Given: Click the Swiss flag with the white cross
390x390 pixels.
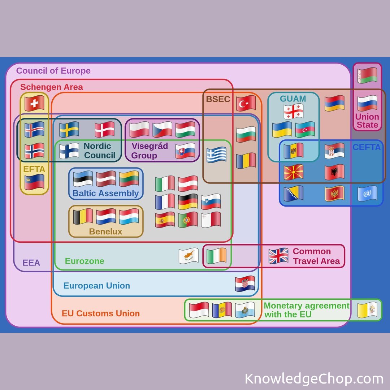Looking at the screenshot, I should pyautogui.click(x=34, y=103).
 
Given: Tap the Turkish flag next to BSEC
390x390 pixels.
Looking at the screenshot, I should pyautogui.click(x=246, y=104).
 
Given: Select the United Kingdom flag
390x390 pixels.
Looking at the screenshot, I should pyautogui.click(x=278, y=256).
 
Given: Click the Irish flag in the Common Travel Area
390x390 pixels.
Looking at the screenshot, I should pyautogui.click(x=216, y=256).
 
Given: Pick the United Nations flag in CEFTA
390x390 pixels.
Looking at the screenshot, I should pyautogui.click(x=367, y=194).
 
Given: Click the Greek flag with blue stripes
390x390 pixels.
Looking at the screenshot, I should pyautogui.click(x=216, y=155).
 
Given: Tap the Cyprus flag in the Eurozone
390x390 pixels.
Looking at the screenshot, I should pyautogui.click(x=188, y=256).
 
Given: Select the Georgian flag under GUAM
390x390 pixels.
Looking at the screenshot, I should pyautogui.click(x=293, y=112).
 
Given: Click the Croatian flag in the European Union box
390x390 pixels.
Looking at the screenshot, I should pyautogui.click(x=245, y=284).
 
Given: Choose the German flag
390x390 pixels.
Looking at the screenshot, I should pyautogui.click(x=188, y=201).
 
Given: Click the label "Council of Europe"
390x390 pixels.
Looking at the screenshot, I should pyautogui.click(x=53, y=71).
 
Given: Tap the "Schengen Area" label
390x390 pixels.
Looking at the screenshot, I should pyautogui.click(x=52, y=87).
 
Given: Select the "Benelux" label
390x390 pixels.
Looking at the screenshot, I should pyautogui.click(x=106, y=231).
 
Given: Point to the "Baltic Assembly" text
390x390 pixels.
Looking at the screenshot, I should pyautogui.click(x=106, y=193).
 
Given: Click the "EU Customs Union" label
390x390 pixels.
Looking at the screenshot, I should pyautogui.click(x=101, y=313).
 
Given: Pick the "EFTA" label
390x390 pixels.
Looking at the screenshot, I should pyautogui.click(x=34, y=169).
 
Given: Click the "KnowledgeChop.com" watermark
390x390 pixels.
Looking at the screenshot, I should pyautogui.click(x=314, y=379).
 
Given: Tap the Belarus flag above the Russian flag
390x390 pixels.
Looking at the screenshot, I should pyautogui.click(x=367, y=75).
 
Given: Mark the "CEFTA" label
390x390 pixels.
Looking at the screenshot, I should pyautogui.click(x=367, y=147).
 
